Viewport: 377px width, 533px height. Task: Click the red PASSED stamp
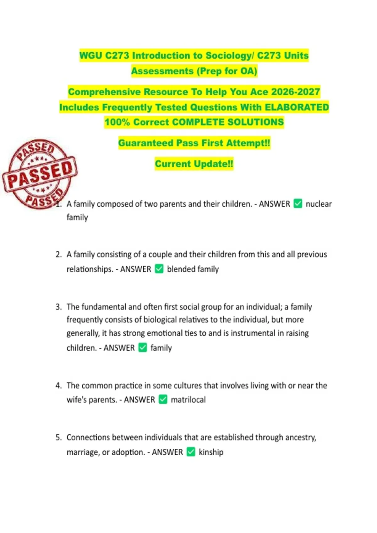click(40, 174)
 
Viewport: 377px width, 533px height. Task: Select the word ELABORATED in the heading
click(297, 107)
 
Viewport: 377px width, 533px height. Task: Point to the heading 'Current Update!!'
click(194, 164)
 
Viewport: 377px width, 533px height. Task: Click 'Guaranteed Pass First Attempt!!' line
click(194, 143)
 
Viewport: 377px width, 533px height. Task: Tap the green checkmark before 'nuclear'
click(298, 204)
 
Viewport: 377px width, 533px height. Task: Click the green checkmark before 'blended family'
click(159, 269)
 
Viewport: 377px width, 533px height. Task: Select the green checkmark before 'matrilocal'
click(163, 399)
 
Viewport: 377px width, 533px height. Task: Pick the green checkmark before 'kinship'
click(191, 452)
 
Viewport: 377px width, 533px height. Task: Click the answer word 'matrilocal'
click(188, 400)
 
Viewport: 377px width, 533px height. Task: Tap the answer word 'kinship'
click(211, 452)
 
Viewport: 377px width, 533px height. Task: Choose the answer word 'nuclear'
click(319, 204)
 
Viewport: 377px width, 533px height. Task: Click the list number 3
click(58, 307)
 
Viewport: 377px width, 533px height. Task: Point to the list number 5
click(58, 437)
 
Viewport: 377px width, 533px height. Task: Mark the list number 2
click(58, 254)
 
